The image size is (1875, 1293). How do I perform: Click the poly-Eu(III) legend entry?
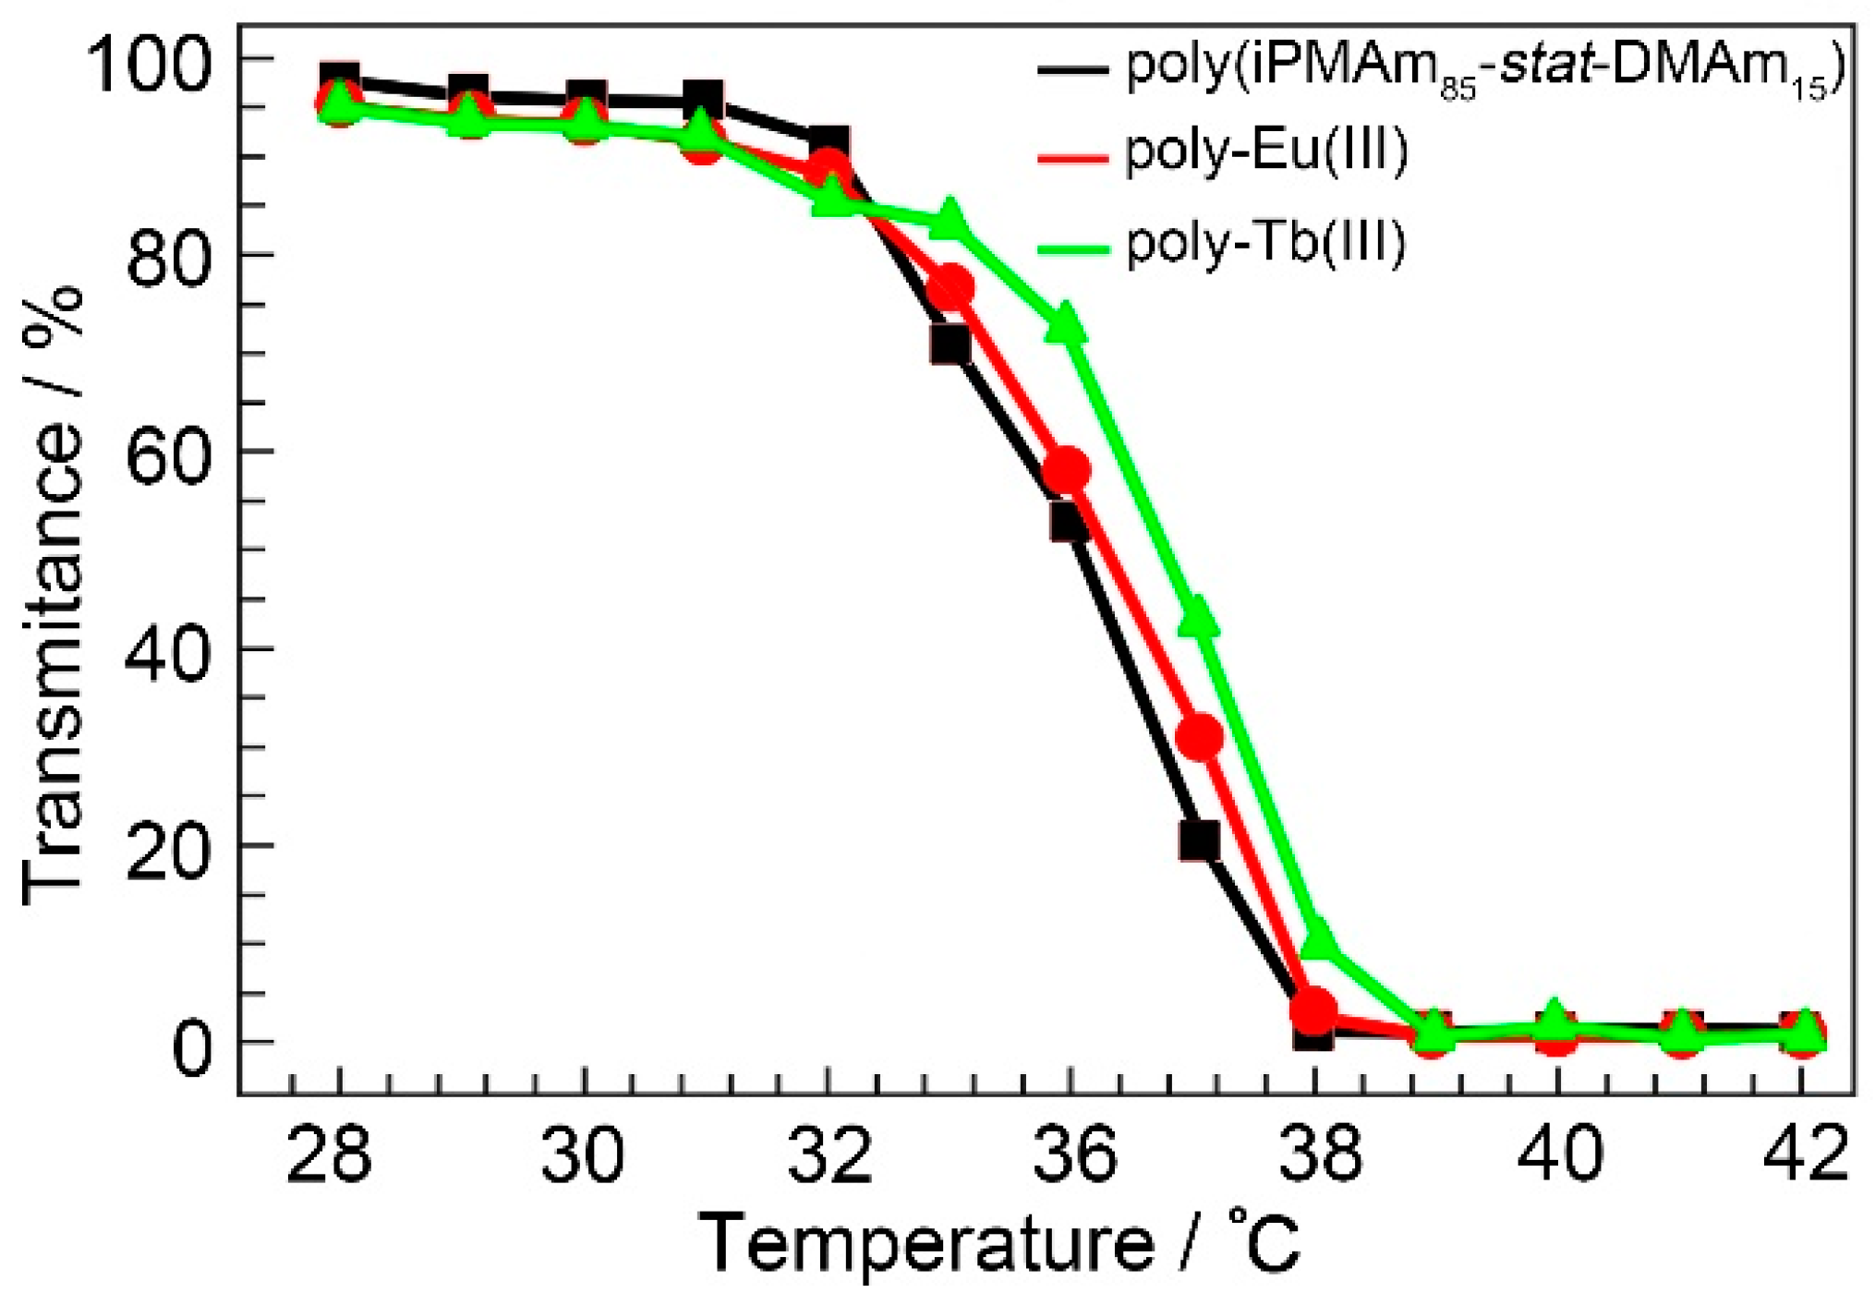point(1265,151)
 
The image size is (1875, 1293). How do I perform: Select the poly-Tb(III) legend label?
point(1265,243)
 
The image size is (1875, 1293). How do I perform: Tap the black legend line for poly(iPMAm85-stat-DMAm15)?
point(1071,67)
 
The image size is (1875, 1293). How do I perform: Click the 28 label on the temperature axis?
point(330,1154)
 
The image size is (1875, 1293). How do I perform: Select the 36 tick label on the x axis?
point(1074,1154)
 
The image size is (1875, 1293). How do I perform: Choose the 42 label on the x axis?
point(1806,1154)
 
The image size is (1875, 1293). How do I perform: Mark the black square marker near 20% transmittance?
point(1198,840)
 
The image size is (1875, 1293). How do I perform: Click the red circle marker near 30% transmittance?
point(1200,736)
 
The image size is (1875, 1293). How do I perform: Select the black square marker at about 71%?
point(950,344)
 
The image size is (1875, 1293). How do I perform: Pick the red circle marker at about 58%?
point(1067,469)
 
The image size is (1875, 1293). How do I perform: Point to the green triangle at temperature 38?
point(1317,939)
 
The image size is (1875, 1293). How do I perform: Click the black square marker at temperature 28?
point(340,79)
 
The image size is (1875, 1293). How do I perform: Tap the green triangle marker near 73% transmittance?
point(1066,323)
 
